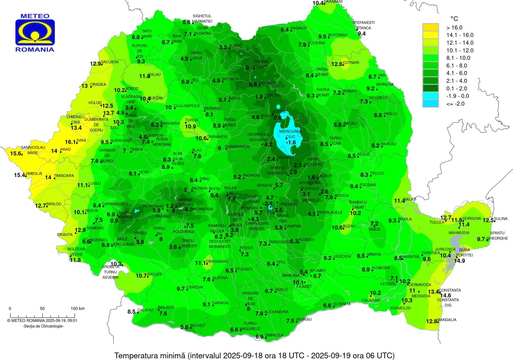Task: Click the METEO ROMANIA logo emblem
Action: pos(35,33)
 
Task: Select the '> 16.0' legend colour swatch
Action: pos(431,28)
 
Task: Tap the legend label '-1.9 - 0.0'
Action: pos(458,96)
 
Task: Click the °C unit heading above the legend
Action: pos(454,19)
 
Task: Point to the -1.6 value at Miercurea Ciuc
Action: pos(291,143)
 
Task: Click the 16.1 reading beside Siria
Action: pos(70,142)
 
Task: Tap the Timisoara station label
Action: pos(64,176)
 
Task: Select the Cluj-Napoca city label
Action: pos(187,106)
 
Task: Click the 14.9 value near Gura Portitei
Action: pos(459,261)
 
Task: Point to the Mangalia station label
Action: pos(447,320)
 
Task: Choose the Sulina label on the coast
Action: pos(501,219)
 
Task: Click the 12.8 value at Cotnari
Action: pos(337,64)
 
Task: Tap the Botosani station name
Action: pos(337,35)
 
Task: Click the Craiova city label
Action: pos(195,287)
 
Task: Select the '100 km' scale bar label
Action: pos(77,309)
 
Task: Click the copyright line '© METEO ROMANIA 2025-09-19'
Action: pos(42,321)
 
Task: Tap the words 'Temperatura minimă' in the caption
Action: pos(150,355)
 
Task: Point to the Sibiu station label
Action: pos(204,179)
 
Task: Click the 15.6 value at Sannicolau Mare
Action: pos(16,153)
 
